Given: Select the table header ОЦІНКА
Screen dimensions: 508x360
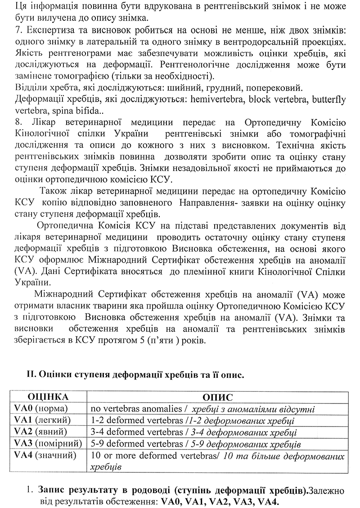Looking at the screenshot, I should (49, 398).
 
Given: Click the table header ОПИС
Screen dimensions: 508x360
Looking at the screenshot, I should (218, 398).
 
